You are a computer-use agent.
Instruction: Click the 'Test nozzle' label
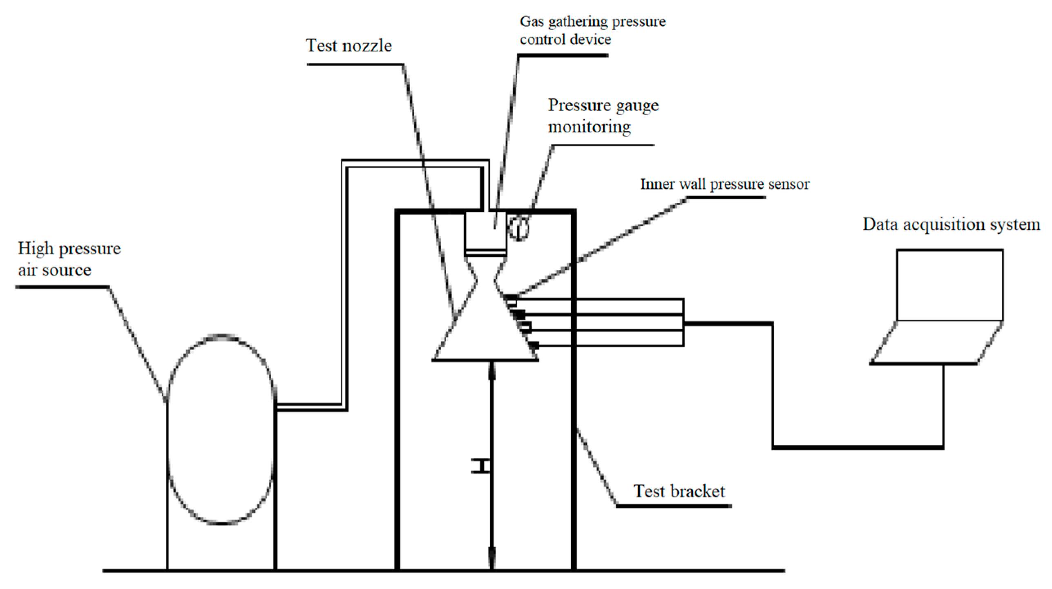[349, 46]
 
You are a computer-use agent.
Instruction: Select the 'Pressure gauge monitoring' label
[603, 116]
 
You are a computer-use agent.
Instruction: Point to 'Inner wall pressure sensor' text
[724, 184]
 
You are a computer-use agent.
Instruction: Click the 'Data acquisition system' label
[951, 224]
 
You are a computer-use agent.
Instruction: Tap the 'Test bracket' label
[679, 491]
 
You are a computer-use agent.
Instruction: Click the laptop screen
[949, 285]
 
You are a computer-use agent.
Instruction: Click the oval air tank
[221, 429]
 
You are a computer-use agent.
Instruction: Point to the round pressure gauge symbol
[519, 228]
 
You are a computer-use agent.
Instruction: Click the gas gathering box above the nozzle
[486, 231]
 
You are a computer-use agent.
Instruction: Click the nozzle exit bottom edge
[485, 360]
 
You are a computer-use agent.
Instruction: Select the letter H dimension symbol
[480, 466]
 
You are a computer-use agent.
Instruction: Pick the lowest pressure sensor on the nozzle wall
[534, 345]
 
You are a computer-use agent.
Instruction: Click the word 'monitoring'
[589, 127]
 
